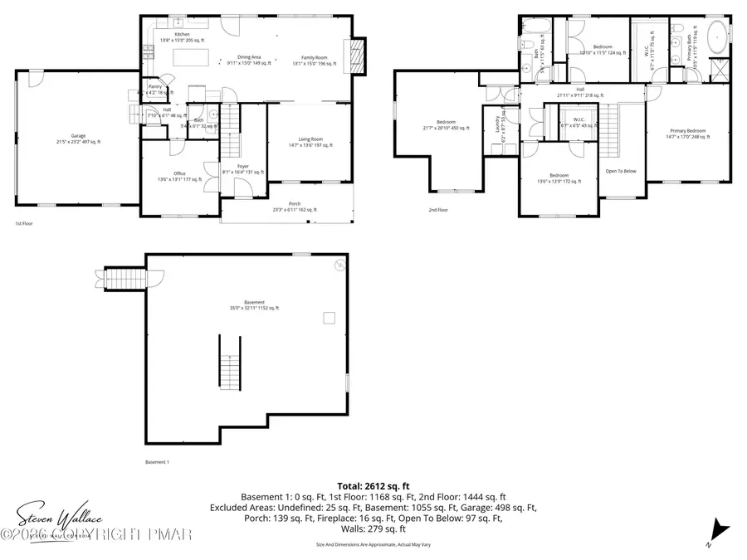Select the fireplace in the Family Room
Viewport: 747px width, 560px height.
coord(358,56)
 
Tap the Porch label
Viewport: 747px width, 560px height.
coord(294,206)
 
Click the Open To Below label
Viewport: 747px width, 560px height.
coord(621,171)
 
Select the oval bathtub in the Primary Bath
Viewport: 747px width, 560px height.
coord(716,38)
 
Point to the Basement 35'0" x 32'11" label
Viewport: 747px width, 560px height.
coord(254,304)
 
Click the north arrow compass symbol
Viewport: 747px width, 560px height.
coord(719,528)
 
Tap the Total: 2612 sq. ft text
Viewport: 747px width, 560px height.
coord(373,486)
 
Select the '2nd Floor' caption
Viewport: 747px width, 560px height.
coord(438,210)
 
